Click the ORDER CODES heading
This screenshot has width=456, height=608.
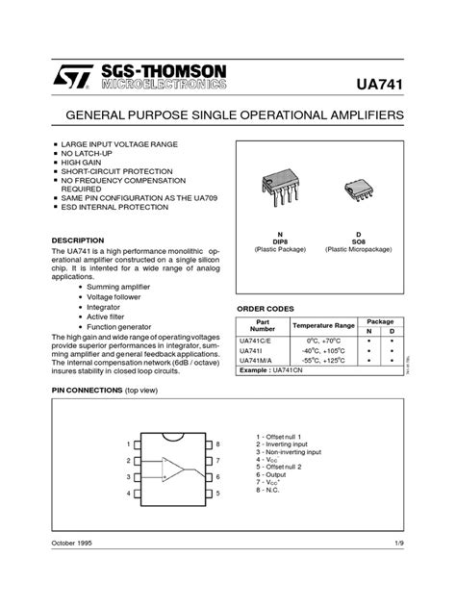[266, 308]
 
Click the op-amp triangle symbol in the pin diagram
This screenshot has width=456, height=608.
[175, 469]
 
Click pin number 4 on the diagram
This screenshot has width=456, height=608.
[129, 494]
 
